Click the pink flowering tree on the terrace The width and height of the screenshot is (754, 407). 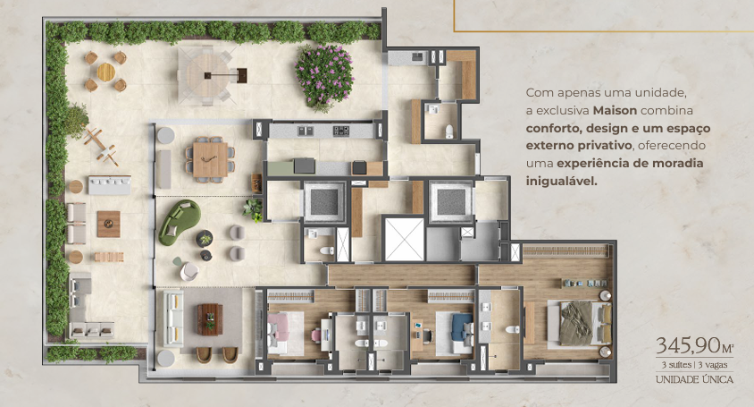click(324, 76)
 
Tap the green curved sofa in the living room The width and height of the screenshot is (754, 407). click(180, 222)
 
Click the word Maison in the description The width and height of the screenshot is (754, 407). click(615, 110)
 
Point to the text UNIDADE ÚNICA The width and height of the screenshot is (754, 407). click(694, 379)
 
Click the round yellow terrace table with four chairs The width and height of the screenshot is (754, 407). click(105, 72)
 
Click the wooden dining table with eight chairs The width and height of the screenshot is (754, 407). click(210, 160)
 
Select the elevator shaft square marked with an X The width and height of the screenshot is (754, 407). click(405, 239)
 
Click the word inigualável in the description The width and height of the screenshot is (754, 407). click(561, 182)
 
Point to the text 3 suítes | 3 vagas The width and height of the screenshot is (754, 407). click(694, 365)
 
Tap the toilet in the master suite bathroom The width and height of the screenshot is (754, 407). click(512, 329)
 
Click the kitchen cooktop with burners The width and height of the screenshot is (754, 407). click(341, 130)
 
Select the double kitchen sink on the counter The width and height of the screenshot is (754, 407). click(305, 130)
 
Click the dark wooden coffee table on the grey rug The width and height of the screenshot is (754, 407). click(210, 319)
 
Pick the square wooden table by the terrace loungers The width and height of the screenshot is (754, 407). click(109, 224)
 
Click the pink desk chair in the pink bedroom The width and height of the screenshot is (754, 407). click(316, 335)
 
